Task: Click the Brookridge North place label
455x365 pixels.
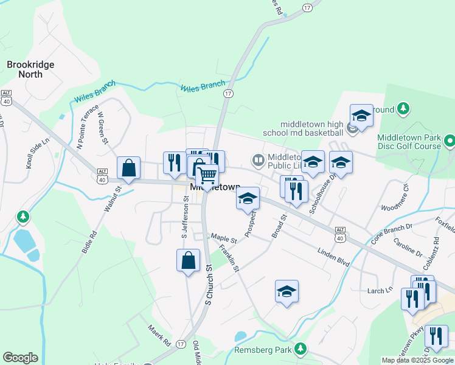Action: (x=30, y=69)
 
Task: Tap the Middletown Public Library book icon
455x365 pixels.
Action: (x=259, y=160)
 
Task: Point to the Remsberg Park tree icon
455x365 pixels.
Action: (x=299, y=349)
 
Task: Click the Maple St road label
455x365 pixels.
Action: (x=223, y=237)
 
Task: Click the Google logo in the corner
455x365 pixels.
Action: (x=20, y=358)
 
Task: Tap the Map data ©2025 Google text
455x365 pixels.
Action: (x=417, y=360)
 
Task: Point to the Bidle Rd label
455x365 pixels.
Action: (x=89, y=242)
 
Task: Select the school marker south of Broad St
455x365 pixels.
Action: (x=287, y=292)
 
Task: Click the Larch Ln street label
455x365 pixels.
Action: (x=380, y=291)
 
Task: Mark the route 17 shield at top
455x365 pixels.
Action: (x=307, y=7)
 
